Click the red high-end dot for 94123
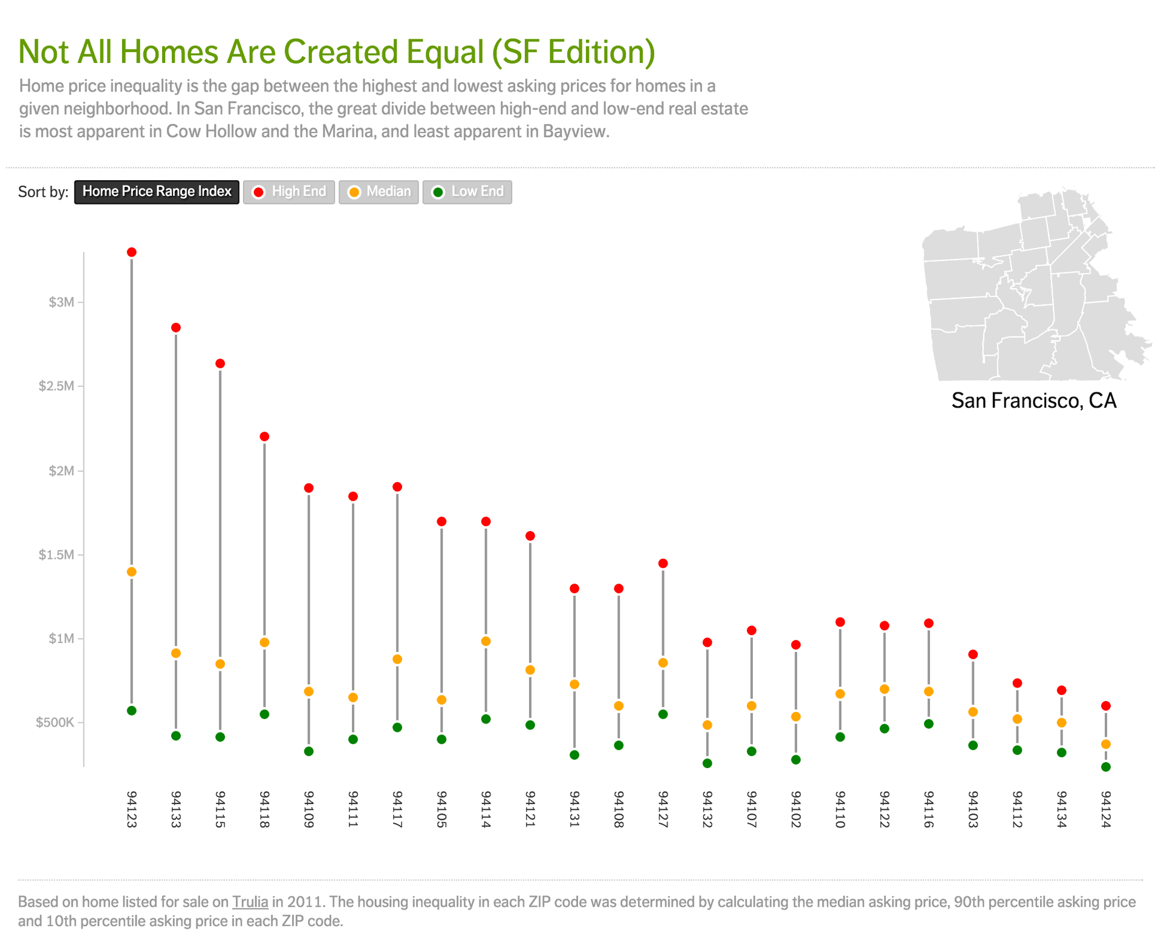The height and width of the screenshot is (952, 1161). [132, 252]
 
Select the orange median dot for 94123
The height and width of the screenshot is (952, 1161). [132, 572]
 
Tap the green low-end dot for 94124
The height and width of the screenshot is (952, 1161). [1106, 767]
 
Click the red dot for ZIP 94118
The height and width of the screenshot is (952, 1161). [264, 437]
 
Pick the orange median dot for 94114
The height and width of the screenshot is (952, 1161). [486, 641]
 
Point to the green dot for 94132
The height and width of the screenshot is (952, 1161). [707, 763]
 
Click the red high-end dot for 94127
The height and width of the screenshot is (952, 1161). [663, 564]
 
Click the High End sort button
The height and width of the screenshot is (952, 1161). [289, 192]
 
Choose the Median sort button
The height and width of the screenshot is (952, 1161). [379, 192]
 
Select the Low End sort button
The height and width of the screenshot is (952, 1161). [467, 192]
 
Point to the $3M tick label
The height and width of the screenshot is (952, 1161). [61, 302]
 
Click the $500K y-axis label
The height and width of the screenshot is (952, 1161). [54, 722]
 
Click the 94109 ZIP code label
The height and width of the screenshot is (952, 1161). [308, 809]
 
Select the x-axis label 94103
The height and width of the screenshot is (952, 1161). [973, 809]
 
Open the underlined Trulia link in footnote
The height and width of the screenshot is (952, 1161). [250, 902]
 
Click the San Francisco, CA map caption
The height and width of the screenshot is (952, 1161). [1033, 400]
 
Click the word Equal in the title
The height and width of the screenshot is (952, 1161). [445, 51]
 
